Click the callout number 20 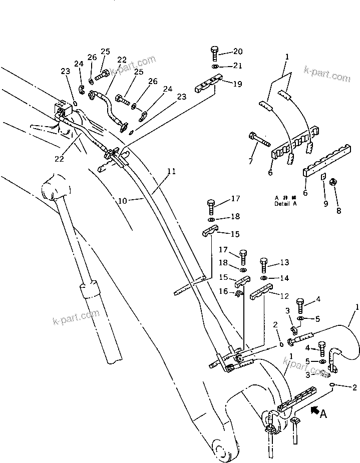pyautogui.click(x=237, y=52)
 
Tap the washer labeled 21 pyautogui.click(x=214, y=66)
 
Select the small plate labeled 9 pyautogui.click(x=322, y=177)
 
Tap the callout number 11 pyautogui.click(x=171, y=171)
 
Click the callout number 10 pyautogui.click(x=122, y=200)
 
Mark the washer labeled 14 pyautogui.click(x=264, y=278)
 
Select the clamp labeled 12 pyautogui.click(x=260, y=291)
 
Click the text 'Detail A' pyautogui.click(x=285, y=204)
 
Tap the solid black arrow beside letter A pyautogui.click(x=316, y=411)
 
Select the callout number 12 pyautogui.click(x=284, y=296)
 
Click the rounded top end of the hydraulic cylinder pyautogui.click(x=53, y=189)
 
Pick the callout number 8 pyautogui.click(x=338, y=211)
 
